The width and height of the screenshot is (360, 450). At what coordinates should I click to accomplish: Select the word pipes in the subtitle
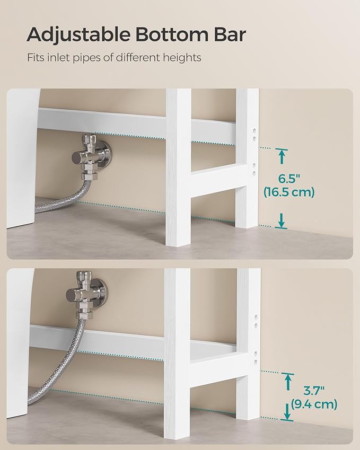(83, 57)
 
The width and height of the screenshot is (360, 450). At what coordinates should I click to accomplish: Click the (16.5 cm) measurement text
(289, 192)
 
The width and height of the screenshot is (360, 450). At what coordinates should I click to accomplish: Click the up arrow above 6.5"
(282, 156)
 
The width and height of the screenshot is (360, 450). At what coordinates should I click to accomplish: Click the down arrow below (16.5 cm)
(282, 219)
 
